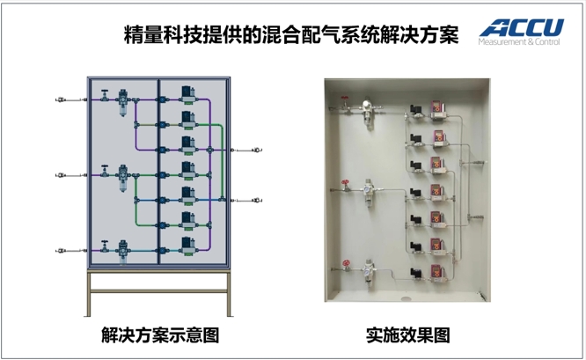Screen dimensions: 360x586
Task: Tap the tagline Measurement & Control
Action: point(518,41)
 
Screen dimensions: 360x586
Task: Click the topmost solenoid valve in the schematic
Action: point(187,92)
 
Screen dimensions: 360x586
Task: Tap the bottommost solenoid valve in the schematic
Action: point(187,242)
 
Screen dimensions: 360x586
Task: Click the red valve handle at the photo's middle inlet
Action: point(345,186)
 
